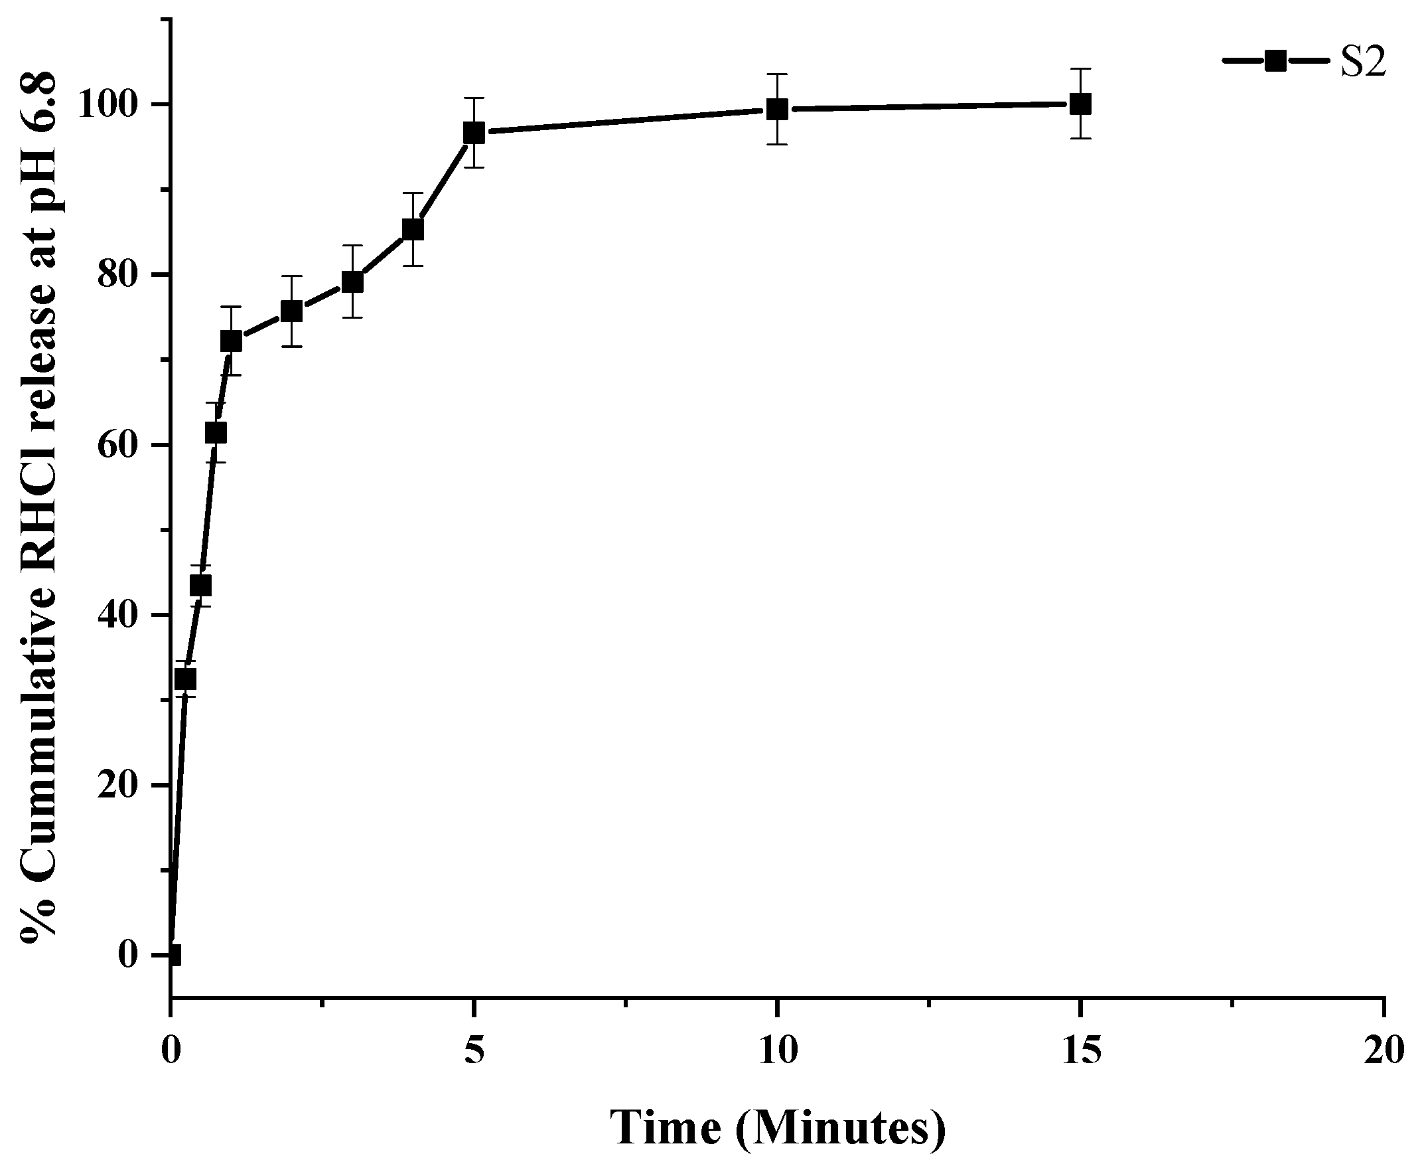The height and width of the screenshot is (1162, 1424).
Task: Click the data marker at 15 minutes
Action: pyautogui.click(x=1080, y=104)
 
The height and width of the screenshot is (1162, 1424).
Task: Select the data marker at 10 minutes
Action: pyautogui.click(x=776, y=108)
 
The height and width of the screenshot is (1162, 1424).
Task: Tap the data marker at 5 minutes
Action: pyautogui.click(x=474, y=133)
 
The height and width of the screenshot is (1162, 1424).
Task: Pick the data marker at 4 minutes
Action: pyautogui.click(x=413, y=229)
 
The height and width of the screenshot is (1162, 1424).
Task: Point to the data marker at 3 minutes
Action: pyautogui.click(x=352, y=282)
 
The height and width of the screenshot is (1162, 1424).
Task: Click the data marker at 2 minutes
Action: pyautogui.click(x=291, y=311)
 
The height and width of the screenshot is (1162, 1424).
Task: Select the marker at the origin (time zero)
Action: pyautogui.click(x=172, y=955)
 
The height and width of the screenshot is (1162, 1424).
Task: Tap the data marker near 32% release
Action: pyautogui.click(x=185, y=679)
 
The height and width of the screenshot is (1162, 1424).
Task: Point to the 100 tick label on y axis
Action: pyautogui.click(x=111, y=106)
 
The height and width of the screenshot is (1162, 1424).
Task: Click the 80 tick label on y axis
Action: pyautogui.click(x=121, y=276)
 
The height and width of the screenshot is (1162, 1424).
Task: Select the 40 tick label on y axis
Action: pyautogui.click(x=121, y=616)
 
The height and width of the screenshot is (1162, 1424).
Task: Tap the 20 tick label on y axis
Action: pyautogui.click(x=121, y=786)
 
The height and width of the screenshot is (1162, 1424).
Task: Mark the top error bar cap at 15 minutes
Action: pyautogui.click(x=1080, y=68)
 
